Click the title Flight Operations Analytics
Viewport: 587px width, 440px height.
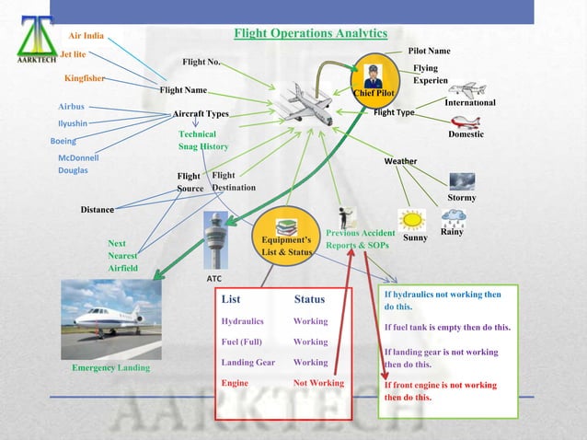310,34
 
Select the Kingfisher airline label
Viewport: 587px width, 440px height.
85,78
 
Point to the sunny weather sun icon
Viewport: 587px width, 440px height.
411,220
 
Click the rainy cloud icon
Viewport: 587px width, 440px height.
452,217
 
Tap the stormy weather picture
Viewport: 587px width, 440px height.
462,180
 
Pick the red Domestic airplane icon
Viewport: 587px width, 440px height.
466,122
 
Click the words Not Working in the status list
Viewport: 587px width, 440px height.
318,383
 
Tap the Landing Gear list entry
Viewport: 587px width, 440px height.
248,363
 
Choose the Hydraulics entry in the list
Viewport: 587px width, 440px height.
243,322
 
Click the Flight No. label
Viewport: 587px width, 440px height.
201,63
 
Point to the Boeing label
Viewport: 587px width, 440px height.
63,142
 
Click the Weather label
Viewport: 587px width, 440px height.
400,162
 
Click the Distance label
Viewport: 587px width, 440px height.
97,210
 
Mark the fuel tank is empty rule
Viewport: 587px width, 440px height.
446,328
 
